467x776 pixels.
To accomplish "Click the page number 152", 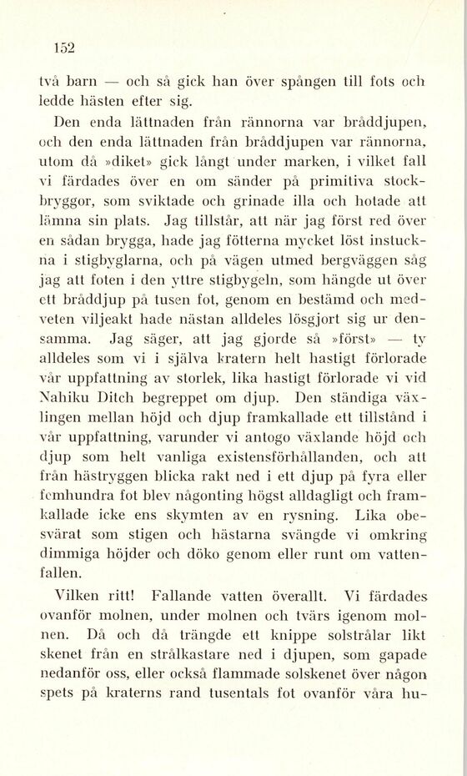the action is pos(64,48).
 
